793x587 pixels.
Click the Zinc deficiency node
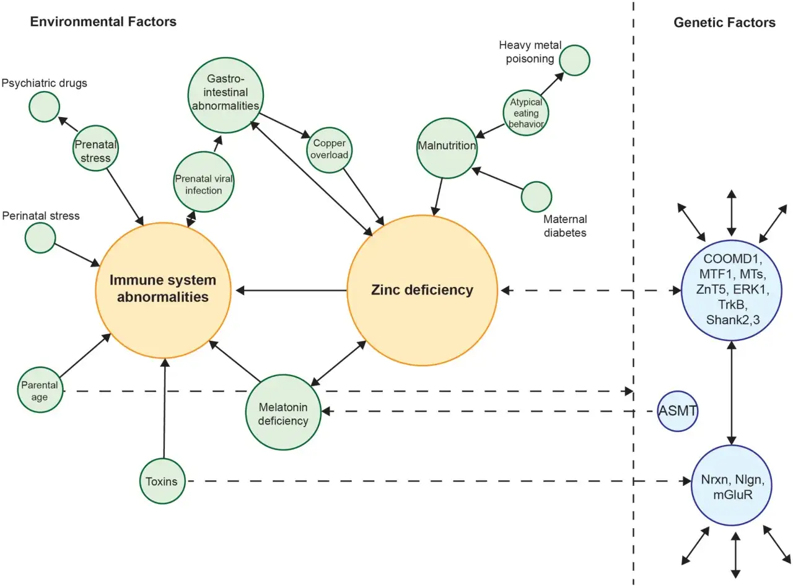(423, 290)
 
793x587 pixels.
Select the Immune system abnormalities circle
(163, 290)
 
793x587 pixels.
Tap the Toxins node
(162, 481)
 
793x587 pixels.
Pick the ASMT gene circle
(678, 411)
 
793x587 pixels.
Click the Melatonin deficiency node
(283, 412)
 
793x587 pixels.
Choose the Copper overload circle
(330, 150)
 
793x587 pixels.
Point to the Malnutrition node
(447, 148)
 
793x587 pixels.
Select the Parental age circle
(40, 389)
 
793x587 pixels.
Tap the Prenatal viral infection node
(204, 182)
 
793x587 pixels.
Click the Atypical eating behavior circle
(526, 113)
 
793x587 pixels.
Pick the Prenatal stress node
(96, 148)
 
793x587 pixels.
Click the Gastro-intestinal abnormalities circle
(226, 95)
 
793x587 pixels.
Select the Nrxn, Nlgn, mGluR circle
(732, 485)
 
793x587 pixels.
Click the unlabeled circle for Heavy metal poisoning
(574, 60)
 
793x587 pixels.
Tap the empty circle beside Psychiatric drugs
(45, 107)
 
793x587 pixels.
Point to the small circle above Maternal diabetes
(537, 196)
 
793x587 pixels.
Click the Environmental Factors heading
(103, 22)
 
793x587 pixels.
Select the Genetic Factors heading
(725, 22)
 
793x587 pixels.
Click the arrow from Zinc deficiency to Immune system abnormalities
(291, 290)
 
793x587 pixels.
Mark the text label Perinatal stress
(41, 216)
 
